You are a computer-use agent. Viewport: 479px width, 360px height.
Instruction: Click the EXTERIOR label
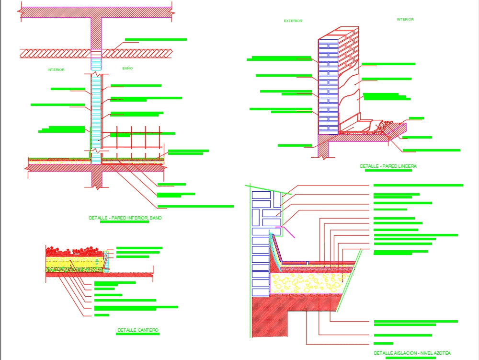click(293, 21)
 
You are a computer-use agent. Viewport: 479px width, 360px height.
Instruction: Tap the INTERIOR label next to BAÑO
click(56, 70)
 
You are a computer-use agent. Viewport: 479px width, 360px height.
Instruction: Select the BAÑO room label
click(127, 69)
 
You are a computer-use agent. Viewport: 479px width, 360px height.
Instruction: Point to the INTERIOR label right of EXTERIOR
click(405, 20)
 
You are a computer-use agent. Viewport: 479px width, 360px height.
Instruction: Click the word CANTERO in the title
click(148, 330)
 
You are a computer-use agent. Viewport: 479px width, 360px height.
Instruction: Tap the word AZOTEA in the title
click(440, 353)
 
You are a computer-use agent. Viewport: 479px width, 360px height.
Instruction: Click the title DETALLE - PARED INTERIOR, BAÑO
click(125, 218)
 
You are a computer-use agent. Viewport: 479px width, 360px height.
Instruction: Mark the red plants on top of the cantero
click(74, 251)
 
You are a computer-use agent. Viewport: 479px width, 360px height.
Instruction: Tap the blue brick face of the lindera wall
click(328, 86)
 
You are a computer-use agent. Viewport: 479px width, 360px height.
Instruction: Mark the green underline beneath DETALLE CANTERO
click(138, 335)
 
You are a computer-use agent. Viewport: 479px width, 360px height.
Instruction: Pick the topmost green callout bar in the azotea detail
click(418, 185)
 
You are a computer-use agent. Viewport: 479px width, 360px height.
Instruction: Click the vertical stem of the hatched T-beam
click(96, 34)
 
